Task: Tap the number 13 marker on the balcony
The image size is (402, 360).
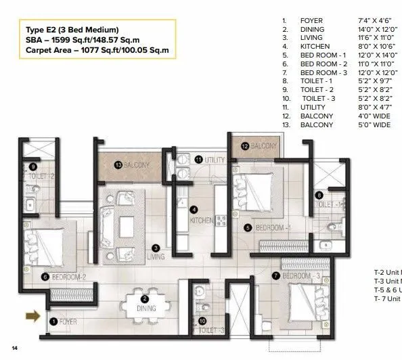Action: click(x=117, y=164)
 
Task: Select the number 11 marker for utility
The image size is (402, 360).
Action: click(x=199, y=159)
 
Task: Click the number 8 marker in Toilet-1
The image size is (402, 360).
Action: click(x=319, y=196)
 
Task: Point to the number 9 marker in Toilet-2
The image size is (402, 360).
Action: click(x=32, y=166)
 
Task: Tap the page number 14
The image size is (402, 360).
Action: click(x=14, y=348)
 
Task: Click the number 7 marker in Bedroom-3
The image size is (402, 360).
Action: click(x=276, y=275)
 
